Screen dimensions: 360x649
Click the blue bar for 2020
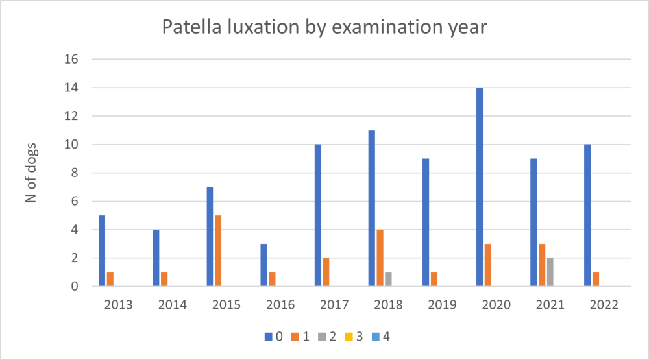click(479, 187)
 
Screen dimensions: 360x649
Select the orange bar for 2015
click(218, 250)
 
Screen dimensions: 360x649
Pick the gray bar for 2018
click(388, 279)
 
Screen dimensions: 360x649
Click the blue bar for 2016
click(264, 265)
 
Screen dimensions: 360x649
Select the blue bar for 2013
click(102, 250)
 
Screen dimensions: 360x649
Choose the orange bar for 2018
click(380, 258)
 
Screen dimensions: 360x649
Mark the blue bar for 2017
click(318, 215)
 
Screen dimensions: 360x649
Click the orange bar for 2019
click(434, 279)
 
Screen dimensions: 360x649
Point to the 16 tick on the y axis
click(71, 59)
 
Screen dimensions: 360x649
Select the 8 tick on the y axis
click(75, 173)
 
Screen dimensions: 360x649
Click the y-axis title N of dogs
click(31, 173)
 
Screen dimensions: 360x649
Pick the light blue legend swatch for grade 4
click(376, 336)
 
